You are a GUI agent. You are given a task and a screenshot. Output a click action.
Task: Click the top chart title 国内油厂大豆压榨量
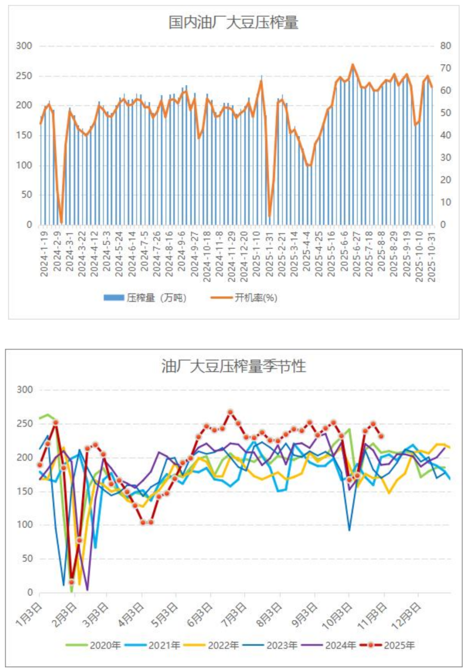[x=233, y=22]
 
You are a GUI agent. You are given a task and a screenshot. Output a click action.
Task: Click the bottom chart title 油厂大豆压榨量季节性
[x=234, y=366]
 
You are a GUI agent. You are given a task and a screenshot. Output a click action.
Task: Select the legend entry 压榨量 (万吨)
[x=145, y=298]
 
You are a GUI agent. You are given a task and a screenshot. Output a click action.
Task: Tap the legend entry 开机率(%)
[x=245, y=298]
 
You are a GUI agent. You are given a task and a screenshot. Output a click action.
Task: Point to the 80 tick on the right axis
[x=445, y=46]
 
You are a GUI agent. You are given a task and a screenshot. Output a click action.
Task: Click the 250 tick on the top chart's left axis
[x=24, y=76]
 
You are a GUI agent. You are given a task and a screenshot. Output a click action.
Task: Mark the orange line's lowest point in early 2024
[x=61, y=223]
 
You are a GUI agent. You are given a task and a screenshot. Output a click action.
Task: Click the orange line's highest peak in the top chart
[x=353, y=65]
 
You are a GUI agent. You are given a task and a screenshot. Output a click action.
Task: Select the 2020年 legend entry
[x=93, y=645]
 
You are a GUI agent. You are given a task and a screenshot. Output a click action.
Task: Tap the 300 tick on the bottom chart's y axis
[x=24, y=390]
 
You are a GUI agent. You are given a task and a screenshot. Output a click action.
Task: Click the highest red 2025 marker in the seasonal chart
[x=230, y=412]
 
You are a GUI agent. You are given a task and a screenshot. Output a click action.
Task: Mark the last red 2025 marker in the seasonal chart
[x=381, y=436]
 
